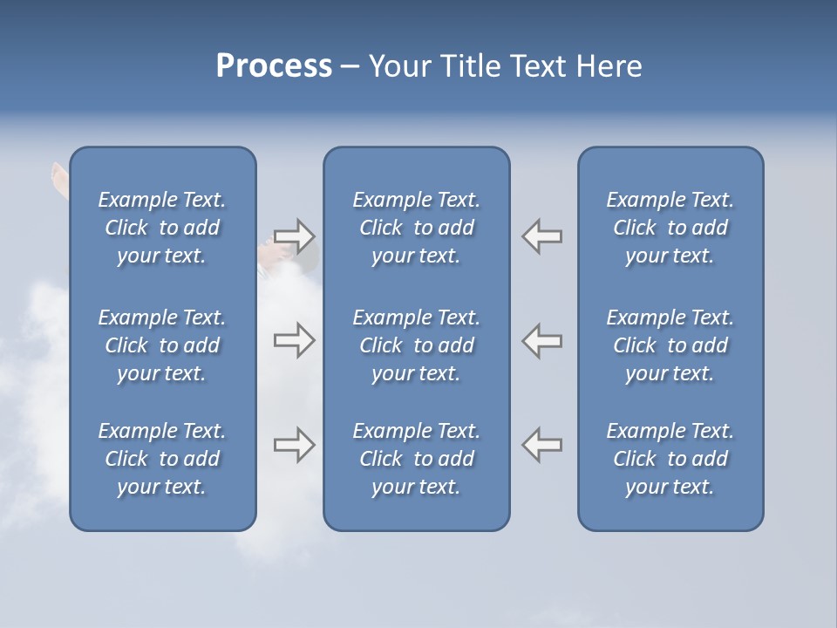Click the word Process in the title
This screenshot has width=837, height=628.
point(274,66)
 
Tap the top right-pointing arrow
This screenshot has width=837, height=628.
point(294,236)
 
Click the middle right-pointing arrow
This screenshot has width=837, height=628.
point(294,340)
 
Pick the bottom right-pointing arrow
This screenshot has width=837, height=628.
point(294,445)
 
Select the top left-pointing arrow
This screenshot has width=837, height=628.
point(542,236)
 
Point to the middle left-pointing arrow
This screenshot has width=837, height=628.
point(542,340)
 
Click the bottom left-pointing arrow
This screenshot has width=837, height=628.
point(542,445)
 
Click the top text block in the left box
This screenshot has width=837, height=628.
point(162,228)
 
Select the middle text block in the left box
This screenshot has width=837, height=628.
point(162,345)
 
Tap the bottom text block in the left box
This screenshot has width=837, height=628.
point(162,459)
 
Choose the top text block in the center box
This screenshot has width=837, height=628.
point(416,228)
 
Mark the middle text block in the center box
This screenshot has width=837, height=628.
point(416,345)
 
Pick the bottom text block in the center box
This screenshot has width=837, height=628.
point(416,459)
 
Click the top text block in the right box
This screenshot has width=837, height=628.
point(670,228)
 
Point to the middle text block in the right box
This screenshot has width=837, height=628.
point(670,345)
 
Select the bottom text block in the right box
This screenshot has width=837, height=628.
point(670,459)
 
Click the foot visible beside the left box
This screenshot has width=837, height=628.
point(59,177)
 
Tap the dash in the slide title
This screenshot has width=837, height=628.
point(350,67)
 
